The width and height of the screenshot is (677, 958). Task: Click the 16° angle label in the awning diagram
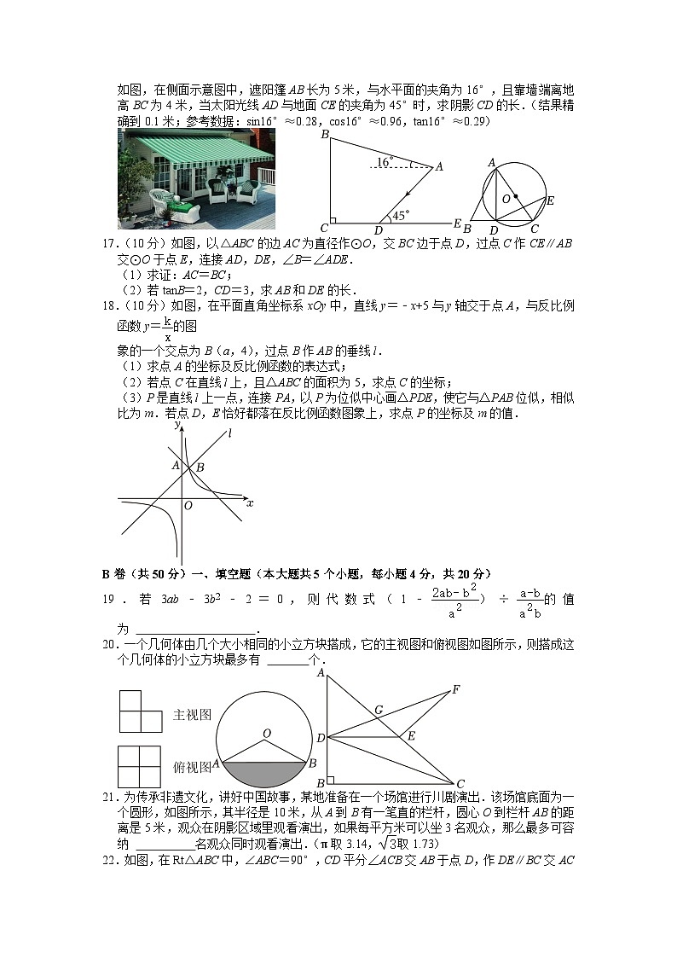pos(385,160)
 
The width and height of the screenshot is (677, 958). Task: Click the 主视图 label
pos(192,715)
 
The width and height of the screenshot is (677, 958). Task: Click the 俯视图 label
pos(192,767)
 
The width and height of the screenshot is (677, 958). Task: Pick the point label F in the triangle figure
pos(456,688)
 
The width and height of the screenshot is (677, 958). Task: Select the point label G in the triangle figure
pos(378,709)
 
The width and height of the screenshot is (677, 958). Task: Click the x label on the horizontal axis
pos(250,503)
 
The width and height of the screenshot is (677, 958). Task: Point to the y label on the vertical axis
pos(177,424)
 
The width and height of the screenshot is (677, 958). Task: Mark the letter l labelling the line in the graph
pos(229,434)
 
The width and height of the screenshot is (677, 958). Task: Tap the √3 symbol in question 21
pos(492,844)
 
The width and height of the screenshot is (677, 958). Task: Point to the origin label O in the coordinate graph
pos(188,505)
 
